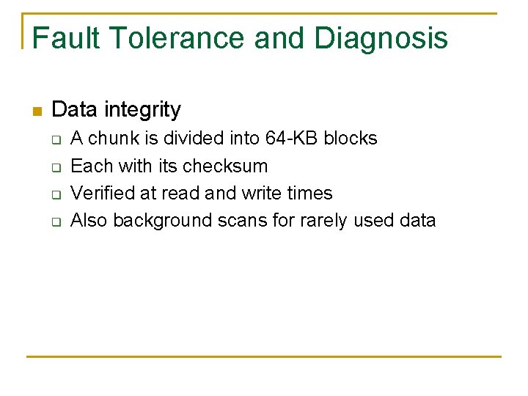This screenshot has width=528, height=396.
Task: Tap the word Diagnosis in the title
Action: tap(381, 38)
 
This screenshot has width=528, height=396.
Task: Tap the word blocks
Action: tap(351, 139)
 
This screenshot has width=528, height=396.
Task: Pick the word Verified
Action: tap(97, 193)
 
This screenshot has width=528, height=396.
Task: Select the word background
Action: tap(163, 220)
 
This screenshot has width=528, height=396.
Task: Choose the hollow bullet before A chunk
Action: tap(55, 139)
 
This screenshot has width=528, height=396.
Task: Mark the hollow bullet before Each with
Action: tap(55, 166)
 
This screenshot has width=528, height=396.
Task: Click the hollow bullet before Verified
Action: tap(55, 194)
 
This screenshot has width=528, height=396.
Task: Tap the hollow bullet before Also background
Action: tap(55, 221)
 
